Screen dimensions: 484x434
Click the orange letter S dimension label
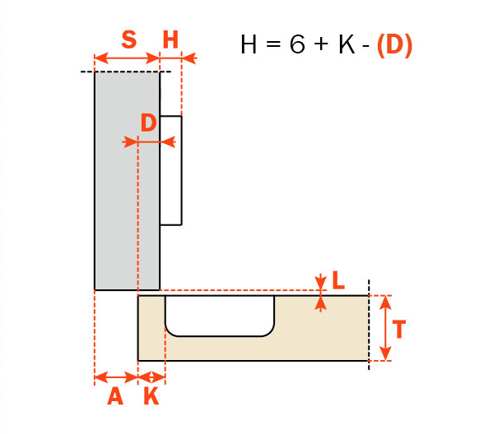pos(128,39)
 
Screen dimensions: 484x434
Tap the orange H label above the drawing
pos(170,39)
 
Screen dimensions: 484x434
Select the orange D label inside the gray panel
pos(148,122)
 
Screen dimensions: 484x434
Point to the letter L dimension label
pos(338,279)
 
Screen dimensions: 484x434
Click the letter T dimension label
pos(398,329)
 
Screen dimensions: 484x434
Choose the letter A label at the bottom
pos(115,396)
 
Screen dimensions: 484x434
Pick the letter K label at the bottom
pos(151,396)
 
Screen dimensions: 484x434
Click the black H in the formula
pos(249,44)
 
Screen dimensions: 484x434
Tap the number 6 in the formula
pos(298,44)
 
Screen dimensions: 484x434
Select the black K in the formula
pos(347,44)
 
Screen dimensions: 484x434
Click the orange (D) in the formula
pos(394,45)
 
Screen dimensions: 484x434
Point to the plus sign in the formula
pos(322,44)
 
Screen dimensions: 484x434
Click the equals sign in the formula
pos(273,44)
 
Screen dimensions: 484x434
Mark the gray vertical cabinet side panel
pos(127,181)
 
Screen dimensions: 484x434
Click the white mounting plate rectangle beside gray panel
pos(170,170)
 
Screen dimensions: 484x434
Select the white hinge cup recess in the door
pos(220,316)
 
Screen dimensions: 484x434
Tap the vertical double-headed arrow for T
pos(385,328)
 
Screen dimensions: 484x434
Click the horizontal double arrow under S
pos(127,58)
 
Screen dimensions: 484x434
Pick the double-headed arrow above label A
pos(116,376)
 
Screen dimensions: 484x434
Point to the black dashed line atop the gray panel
pos(126,72)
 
